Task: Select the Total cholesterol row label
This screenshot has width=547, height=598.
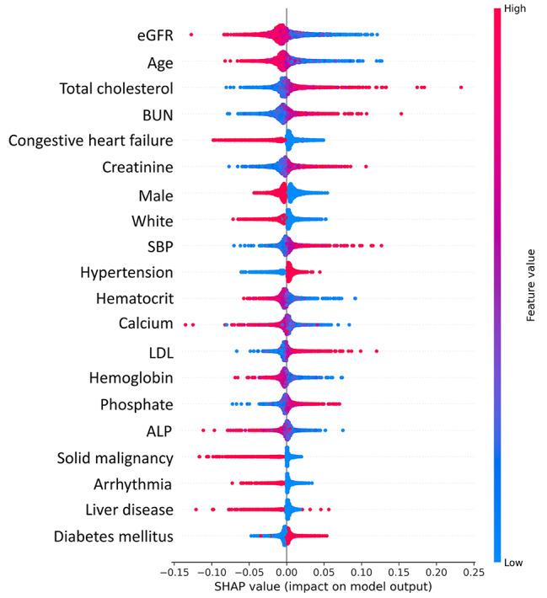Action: [116, 88]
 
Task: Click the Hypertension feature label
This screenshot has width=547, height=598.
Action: [127, 272]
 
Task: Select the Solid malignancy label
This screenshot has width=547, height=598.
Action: [115, 458]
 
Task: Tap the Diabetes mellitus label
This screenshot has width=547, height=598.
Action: [114, 536]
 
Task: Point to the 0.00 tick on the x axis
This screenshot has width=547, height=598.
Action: [287, 571]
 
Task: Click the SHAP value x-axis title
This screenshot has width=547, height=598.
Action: [324, 586]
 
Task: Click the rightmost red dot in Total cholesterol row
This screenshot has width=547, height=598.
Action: [461, 87]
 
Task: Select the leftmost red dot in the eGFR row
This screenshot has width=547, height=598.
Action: [191, 35]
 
